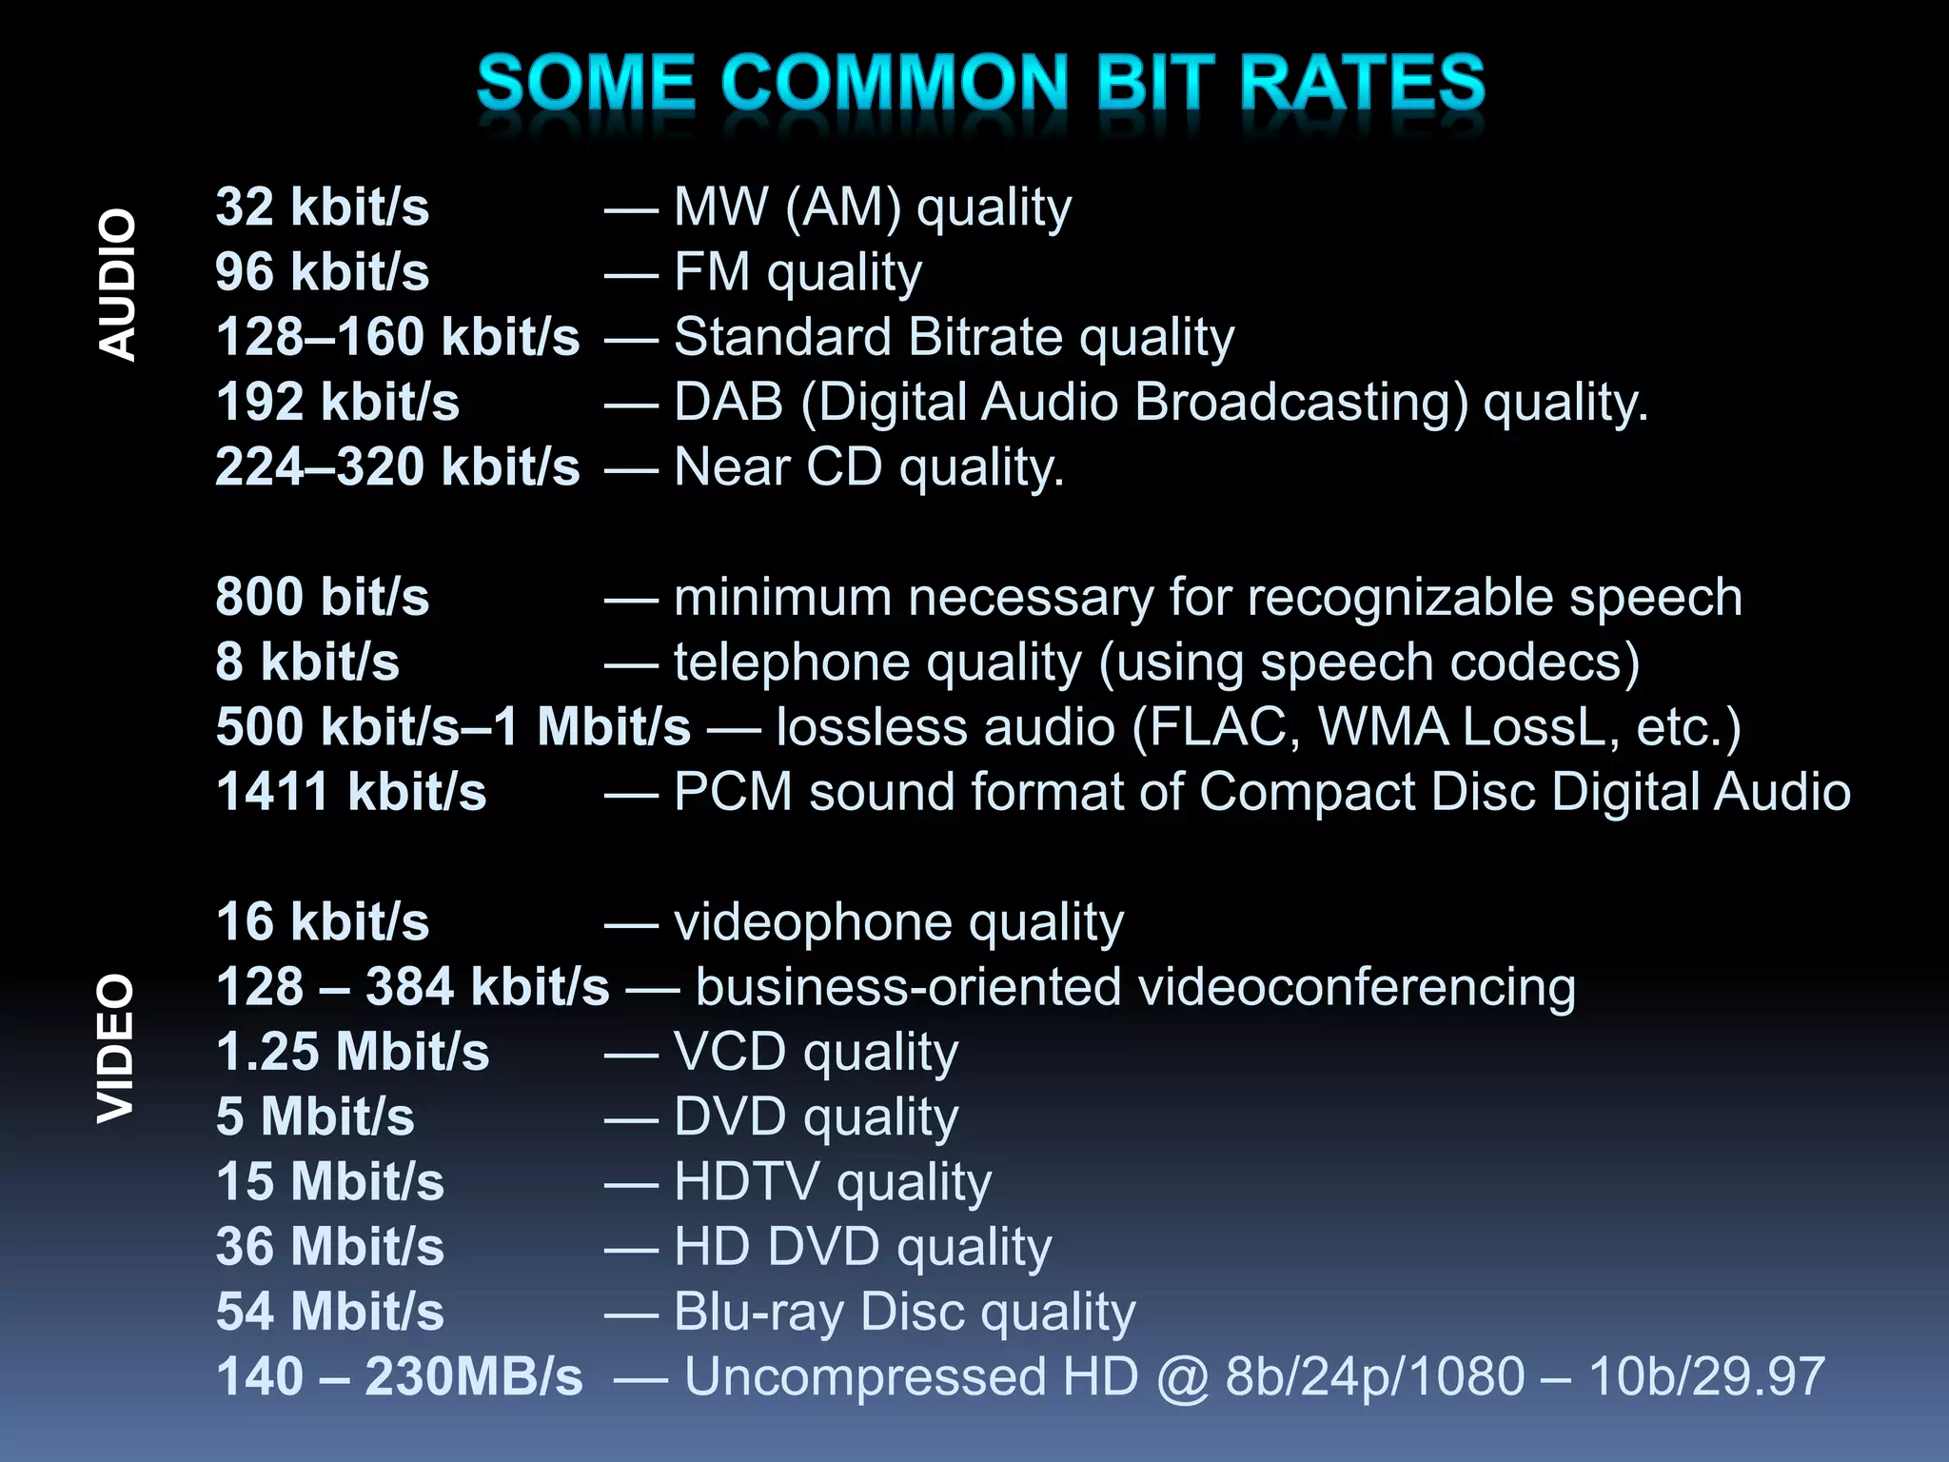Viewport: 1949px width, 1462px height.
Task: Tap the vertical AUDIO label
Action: pos(118,285)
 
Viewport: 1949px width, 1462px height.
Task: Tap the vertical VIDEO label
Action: pos(118,1048)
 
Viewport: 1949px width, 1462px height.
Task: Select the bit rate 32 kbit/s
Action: pos(322,207)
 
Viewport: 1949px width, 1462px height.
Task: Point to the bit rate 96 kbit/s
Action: pos(322,272)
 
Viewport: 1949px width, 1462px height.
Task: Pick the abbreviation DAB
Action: pos(728,402)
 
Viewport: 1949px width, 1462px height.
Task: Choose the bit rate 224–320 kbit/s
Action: pos(397,467)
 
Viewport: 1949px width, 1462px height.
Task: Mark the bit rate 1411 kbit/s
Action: pos(351,792)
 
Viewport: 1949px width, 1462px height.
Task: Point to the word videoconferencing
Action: pos(1356,987)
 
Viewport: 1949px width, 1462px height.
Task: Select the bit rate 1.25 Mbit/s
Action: pos(352,1052)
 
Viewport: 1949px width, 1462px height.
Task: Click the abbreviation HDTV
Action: pos(746,1182)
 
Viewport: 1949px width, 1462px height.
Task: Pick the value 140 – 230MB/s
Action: pos(399,1376)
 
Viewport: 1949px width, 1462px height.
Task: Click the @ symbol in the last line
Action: pos(1182,1377)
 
